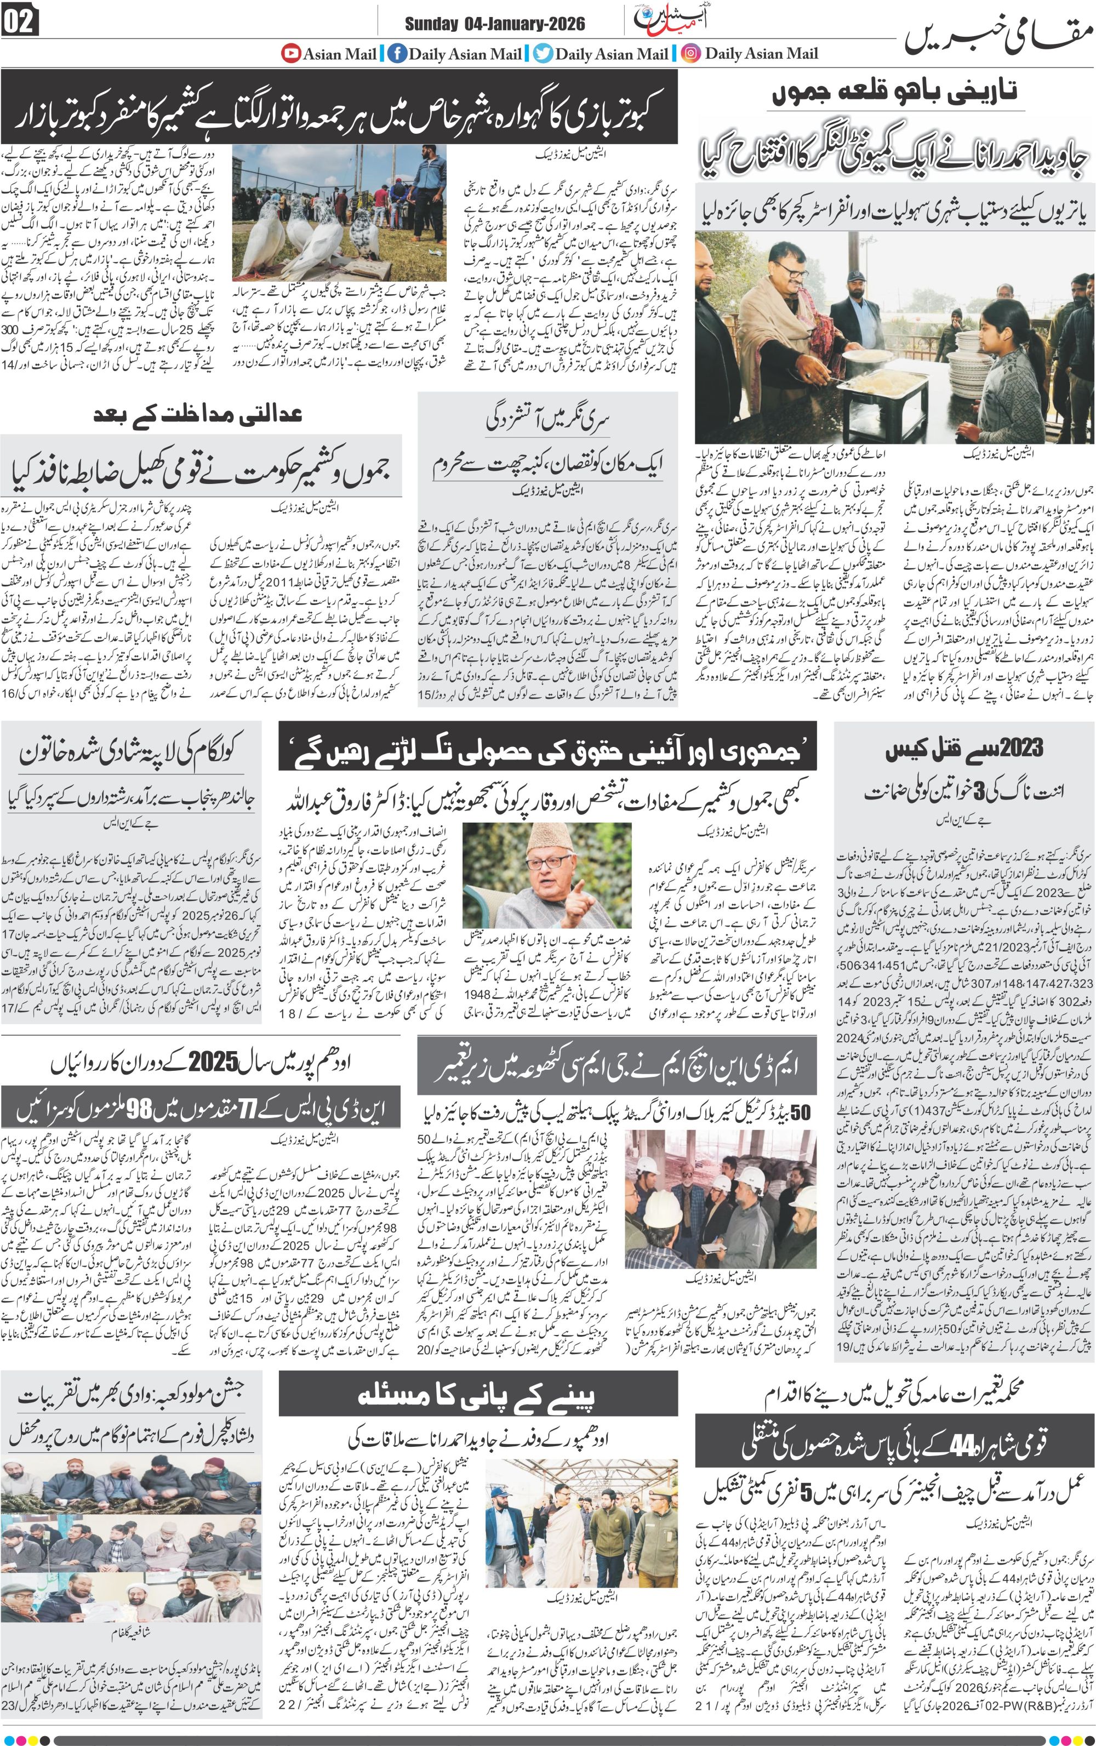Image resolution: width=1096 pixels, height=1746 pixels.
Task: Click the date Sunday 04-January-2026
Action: (x=494, y=24)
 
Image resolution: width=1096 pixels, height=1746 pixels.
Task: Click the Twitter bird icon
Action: (x=543, y=53)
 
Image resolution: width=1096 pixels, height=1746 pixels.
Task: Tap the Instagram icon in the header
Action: (x=691, y=53)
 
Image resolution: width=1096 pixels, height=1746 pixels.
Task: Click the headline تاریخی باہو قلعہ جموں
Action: (x=895, y=92)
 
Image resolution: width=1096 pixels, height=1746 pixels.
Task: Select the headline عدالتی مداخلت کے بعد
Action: (x=197, y=414)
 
